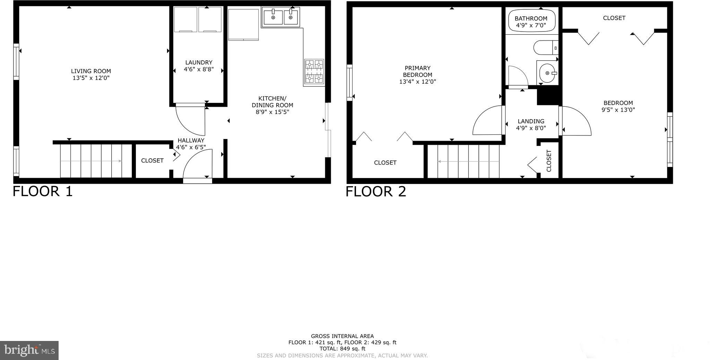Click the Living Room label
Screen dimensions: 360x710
[91, 71]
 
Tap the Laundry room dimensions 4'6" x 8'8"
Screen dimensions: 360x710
[198, 69]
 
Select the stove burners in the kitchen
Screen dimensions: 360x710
[314, 72]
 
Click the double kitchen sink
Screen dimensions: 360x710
[281, 17]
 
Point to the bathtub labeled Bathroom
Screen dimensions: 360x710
[531, 21]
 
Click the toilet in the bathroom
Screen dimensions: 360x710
[545, 47]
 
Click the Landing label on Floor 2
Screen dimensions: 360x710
[531, 121]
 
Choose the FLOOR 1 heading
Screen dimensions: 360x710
[43, 191]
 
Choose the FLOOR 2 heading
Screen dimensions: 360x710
[375, 191]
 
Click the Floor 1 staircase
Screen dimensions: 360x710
[96, 161]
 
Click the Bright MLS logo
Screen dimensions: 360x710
[29, 350]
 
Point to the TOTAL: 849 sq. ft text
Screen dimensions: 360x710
[342, 349]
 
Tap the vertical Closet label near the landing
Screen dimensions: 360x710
[549, 161]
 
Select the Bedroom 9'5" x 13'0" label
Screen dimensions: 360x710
[618, 106]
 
